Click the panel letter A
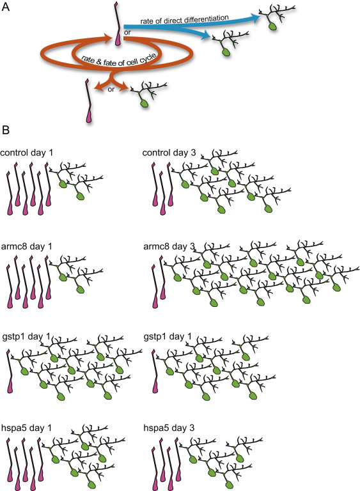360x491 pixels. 6,6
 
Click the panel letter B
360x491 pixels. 6,130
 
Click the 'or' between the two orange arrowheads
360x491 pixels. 111,90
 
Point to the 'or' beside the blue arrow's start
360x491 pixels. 127,32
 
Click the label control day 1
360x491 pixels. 27,153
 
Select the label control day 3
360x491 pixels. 169,153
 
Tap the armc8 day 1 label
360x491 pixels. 27,246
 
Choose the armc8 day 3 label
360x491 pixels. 169,246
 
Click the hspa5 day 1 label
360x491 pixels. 27,428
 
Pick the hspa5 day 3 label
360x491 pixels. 169,428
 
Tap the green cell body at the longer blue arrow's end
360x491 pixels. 274,26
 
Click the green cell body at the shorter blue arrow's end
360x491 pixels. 226,52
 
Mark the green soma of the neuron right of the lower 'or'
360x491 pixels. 144,104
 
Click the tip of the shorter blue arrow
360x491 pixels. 210,36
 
